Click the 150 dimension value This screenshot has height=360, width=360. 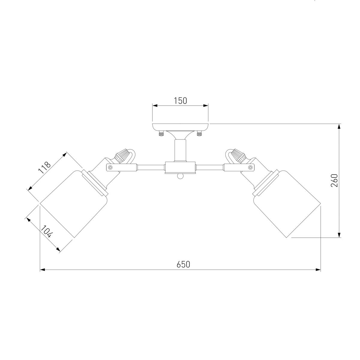pos(180,101)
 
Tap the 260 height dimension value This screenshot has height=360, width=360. pos(334,181)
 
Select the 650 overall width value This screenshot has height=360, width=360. pos(183,264)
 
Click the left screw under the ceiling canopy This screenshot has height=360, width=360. pos(161,134)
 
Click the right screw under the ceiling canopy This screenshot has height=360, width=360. pos(199,134)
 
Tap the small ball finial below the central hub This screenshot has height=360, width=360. pos(180,176)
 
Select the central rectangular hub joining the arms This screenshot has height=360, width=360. pos(180,168)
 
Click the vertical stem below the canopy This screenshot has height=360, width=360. pos(180,150)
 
